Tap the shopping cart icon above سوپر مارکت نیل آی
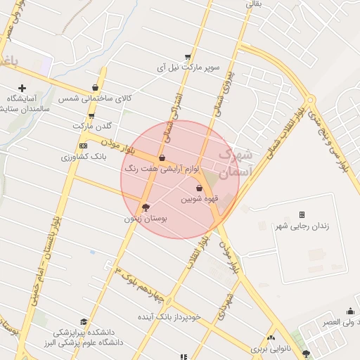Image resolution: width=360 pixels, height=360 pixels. click(188, 57)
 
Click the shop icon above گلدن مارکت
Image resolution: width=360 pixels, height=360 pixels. click(91, 116)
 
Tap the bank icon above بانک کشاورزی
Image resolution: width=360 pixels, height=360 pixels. click(83, 146)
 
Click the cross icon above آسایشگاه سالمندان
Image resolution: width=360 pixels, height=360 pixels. click(22, 89)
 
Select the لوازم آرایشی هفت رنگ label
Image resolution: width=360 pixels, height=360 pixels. click(162, 169)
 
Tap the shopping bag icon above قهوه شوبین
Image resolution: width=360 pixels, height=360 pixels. click(200, 188)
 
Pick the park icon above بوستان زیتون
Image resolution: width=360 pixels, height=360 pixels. click(146, 207)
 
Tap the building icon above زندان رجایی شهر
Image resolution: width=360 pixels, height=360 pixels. click(302, 214)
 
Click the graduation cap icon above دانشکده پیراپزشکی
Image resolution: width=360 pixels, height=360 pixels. click(84, 321)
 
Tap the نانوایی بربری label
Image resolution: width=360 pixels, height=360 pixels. click(271, 349)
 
